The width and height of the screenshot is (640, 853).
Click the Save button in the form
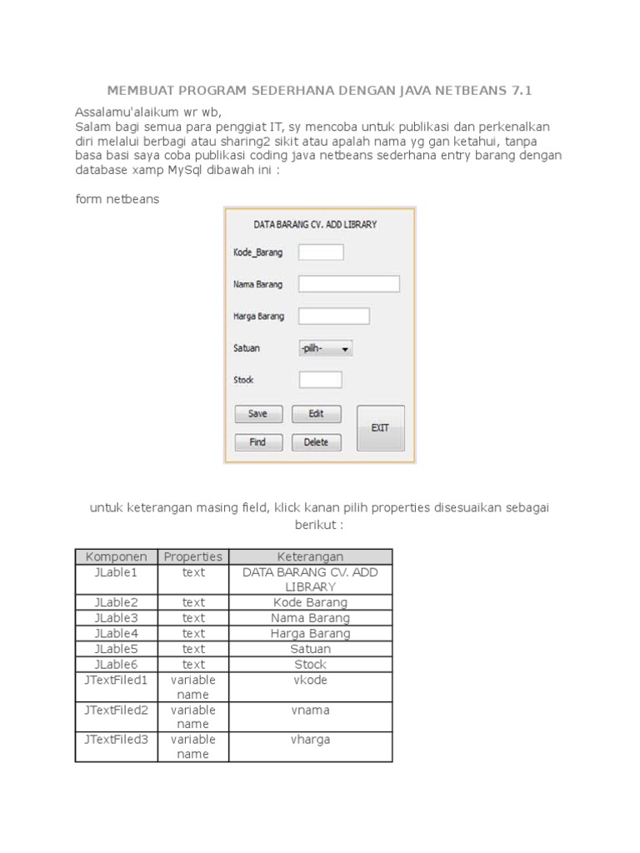[257, 414]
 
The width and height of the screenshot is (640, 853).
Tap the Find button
[257, 442]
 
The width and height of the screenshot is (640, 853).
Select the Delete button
[316, 442]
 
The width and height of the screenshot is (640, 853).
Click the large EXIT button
[380, 427]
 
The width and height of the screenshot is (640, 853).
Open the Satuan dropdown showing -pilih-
[325, 349]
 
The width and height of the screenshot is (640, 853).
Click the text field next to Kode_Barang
[321, 252]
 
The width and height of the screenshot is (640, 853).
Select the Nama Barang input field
[348, 284]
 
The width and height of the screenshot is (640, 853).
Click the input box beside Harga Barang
[333, 316]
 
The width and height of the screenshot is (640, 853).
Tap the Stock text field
[320, 380]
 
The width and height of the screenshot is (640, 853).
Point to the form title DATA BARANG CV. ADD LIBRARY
[315, 224]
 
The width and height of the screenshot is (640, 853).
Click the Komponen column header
[117, 556]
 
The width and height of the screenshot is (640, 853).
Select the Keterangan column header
[310, 556]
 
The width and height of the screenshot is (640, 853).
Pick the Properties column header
[193, 556]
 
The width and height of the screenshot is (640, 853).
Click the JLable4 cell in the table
[117, 633]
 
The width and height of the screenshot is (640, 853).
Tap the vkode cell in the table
[310, 680]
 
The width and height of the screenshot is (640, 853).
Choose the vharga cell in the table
[310, 739]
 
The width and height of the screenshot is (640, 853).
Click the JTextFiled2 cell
[117, 710]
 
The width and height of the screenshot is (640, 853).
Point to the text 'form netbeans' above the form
[117, 199]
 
